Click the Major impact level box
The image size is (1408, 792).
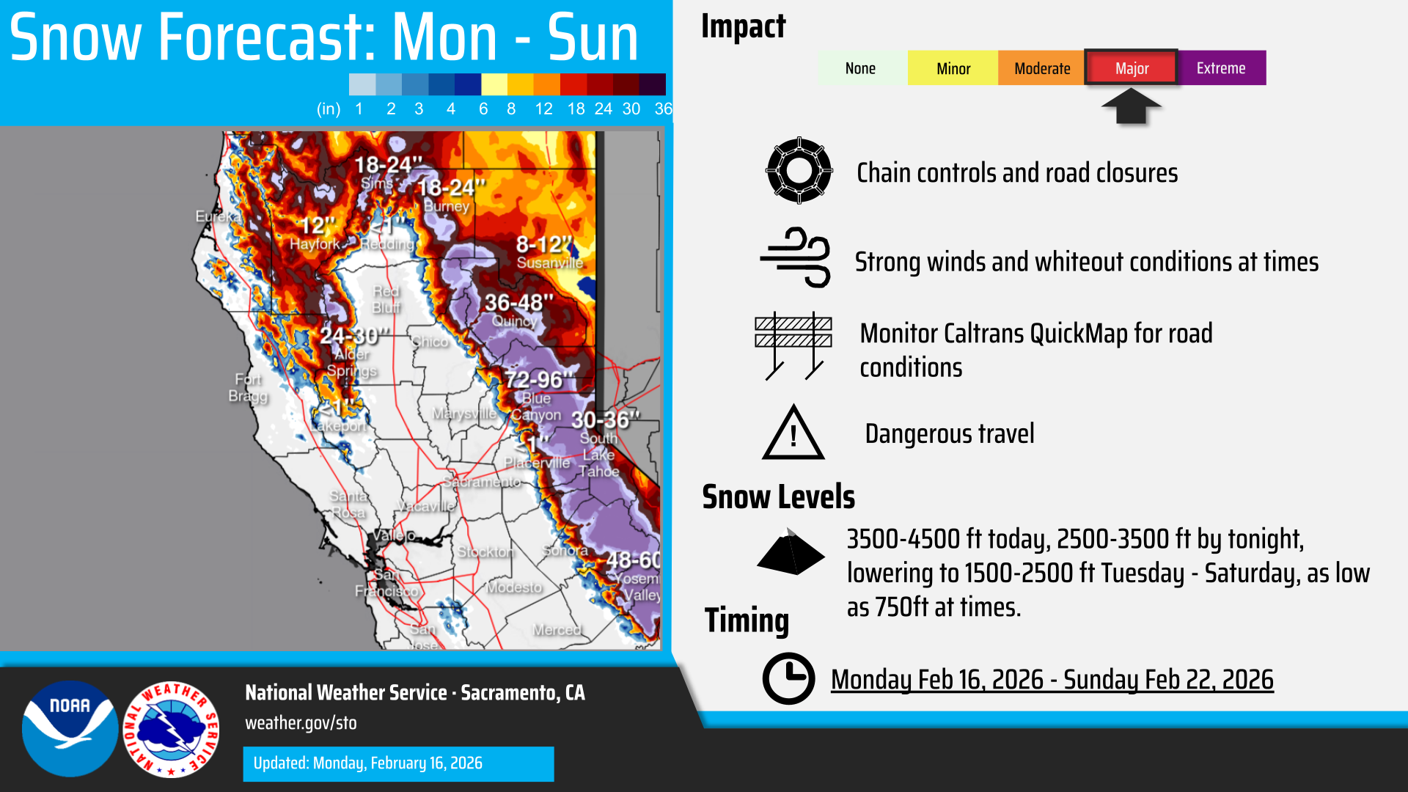(1131, 68)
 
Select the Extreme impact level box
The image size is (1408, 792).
(1222, 68)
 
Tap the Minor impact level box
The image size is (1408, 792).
(953, 68)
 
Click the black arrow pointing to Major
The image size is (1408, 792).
(1131, 106)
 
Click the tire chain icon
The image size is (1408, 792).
(799, 171)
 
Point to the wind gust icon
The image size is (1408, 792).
(796, 257)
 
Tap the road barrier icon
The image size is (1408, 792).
(793, 345)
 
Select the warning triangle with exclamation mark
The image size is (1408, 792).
(793, 433)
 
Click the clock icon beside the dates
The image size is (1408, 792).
(788, 678)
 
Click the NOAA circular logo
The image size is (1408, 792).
(70, 728)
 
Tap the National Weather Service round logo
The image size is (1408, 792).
(172, 728)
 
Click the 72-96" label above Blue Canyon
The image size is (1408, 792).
(538, 380)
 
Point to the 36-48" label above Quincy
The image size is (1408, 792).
(518, 302)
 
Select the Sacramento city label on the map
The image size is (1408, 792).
(482, 482)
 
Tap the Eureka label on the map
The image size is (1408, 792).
(217, 216)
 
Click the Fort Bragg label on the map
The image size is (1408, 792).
(248, 387)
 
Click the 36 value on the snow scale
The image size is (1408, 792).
(663, 109)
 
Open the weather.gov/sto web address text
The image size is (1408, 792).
(301, 723)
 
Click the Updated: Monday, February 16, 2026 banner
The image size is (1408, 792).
(398, 763)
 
